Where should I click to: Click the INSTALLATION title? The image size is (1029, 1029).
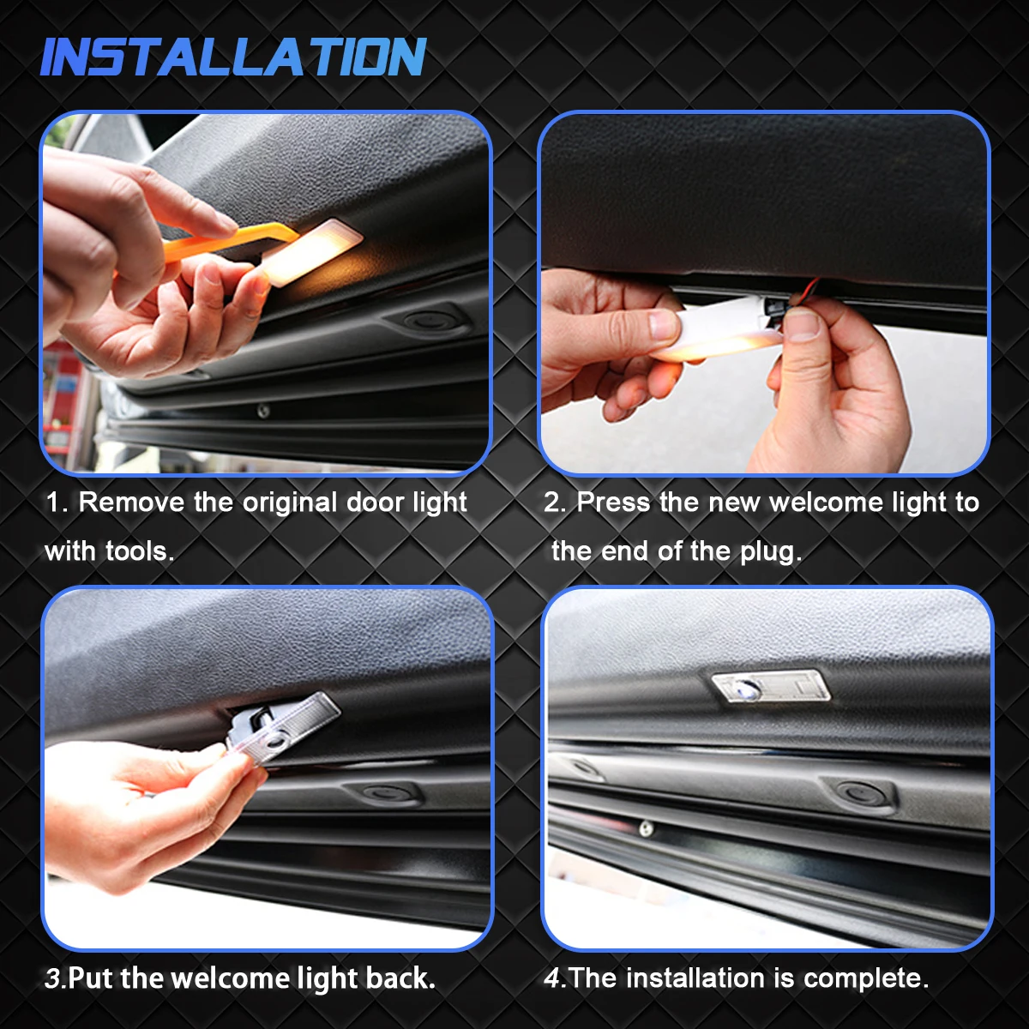[x=232, y=57]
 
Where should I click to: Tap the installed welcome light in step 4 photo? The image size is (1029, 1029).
[x=771, y=687]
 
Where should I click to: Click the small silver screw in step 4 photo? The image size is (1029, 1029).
[x=646, y=828]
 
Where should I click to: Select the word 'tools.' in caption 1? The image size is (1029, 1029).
[x=140, y=551]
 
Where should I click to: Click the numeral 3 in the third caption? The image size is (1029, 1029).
[x=51, y=978]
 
